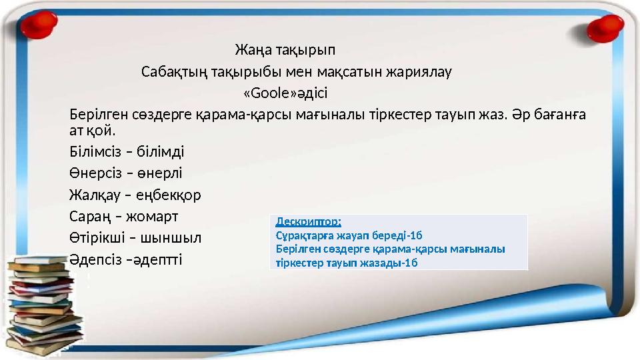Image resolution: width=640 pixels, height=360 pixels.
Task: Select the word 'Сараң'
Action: point(88,216)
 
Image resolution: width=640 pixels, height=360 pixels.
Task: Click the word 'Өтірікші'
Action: point(97,237)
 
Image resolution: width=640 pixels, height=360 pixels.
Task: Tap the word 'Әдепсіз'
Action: point(94,258)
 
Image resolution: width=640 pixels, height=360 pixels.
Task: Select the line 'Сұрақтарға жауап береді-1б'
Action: point(349,235)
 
